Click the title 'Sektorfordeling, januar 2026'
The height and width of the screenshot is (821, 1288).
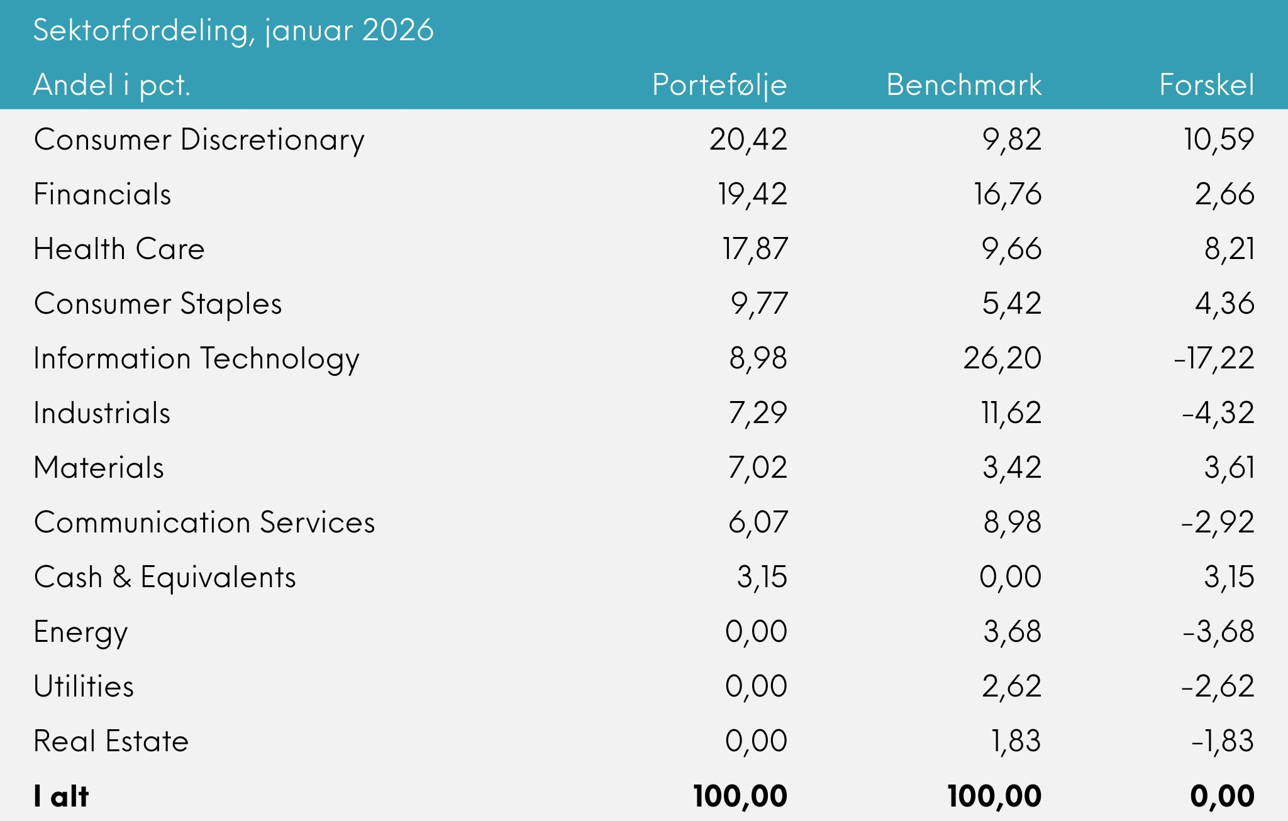click(233, 30)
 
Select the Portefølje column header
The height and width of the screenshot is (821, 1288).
click(719, 85)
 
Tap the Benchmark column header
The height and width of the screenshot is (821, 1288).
click(963, 85)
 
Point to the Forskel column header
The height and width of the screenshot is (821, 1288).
click(1206, 85)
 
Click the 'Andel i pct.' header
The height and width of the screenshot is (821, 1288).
click(111, 85)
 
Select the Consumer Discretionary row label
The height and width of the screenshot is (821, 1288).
click(199, 140)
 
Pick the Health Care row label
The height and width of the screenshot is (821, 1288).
click(119, 249)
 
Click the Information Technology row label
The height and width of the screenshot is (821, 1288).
click(196, 358)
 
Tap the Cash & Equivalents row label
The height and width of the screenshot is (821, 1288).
click(165, 577)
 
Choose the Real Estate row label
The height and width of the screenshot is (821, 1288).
click(111, 741)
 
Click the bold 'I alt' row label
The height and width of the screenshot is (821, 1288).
click(61, 796)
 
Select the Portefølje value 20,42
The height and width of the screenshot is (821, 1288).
click(748, 140)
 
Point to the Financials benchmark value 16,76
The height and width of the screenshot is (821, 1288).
click(1008, 194)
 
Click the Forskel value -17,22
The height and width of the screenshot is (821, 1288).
click(1214, 358)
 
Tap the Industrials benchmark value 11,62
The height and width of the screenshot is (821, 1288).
click(1011, 413)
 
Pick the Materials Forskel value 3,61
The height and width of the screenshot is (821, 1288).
click(1229, 468)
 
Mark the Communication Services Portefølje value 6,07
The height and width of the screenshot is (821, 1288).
click(758, 522)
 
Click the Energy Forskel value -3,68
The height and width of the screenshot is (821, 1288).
click(1218, 632)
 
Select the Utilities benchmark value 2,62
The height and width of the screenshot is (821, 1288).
click(1011, 686)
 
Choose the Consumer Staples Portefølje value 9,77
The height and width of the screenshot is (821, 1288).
click(758, 304)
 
